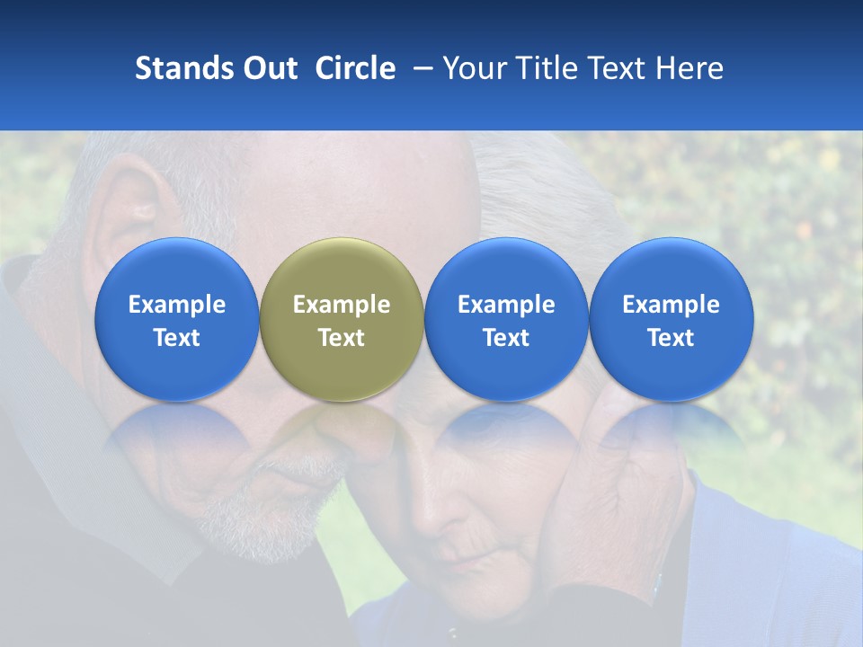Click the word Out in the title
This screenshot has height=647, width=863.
pos(268,68)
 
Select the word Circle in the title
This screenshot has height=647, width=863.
pos(355,68)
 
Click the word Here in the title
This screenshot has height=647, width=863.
pos(688,68)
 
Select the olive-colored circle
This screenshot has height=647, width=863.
pos(342,319)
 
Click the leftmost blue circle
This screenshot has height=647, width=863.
pos(176,319)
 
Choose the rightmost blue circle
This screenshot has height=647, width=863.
pos(672,319)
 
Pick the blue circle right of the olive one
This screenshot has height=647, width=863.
pos(506,319)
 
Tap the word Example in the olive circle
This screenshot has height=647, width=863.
pos(342,305)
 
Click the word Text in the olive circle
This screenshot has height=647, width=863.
pos(342,338)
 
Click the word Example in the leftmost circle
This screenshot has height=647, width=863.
pos(176,305)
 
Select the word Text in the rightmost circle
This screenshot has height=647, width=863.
pos(672,338)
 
